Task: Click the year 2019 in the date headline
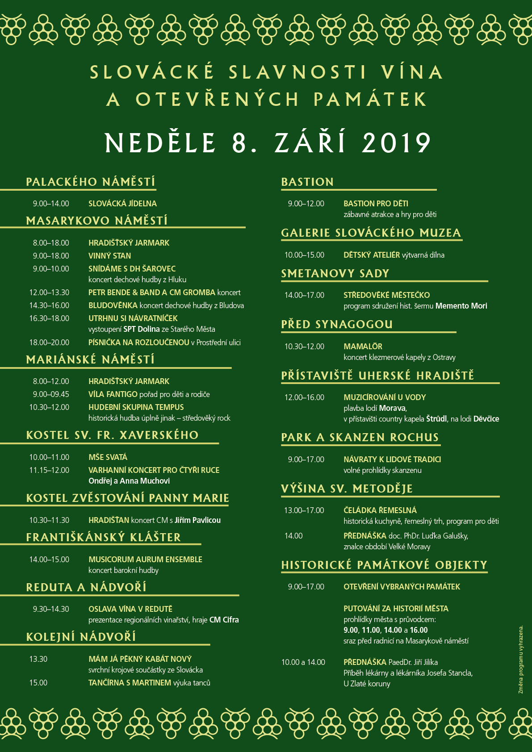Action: (x=396, y=143)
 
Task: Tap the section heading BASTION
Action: (x=307, y=182)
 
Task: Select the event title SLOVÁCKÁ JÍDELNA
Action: (x=122, y=204)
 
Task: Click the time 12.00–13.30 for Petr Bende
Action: (x=49, y=292)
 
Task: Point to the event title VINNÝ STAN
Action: (x=109, y=256)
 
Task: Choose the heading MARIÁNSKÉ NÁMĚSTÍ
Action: (x=90, y=359)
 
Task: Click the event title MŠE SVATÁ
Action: (x=108, y=457)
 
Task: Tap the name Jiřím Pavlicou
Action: (x=197, y=520)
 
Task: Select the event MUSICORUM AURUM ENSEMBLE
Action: (x=145, y=560)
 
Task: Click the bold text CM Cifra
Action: (x=224, y=620)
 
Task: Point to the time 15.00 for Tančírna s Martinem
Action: (x=38, y=683)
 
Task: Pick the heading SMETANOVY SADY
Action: (x=335, y=273)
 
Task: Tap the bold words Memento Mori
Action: (x=461, y=306)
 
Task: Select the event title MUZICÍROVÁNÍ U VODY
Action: (x=385, y=397)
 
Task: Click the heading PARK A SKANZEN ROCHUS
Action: (x=360, y=437)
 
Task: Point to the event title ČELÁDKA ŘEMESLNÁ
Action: (x=380, y=510)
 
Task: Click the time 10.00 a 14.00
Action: (x=303, y=662)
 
